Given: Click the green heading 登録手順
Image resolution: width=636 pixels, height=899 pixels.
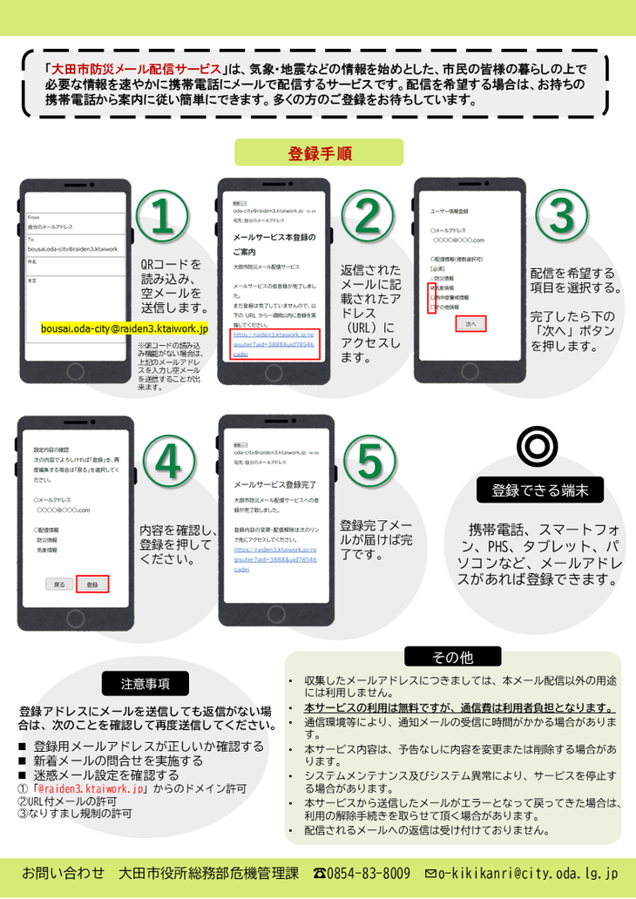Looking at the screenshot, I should [319, 153].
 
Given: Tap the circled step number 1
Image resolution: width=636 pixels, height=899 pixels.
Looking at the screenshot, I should [162, 216].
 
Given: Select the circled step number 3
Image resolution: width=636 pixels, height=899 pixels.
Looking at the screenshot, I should [561, 216].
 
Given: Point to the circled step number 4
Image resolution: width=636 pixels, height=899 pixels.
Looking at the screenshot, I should [168, 462].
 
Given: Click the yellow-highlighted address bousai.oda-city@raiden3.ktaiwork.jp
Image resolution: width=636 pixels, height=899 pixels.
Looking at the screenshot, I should [125, 329].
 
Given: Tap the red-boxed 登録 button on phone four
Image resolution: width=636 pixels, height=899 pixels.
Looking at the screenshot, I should [92, 585].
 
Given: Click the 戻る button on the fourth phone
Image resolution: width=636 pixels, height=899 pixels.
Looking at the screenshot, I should [59, 585].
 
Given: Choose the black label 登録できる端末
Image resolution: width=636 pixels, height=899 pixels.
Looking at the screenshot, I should [540, 490].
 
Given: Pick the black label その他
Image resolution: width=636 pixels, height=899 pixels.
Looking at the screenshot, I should [452, 657].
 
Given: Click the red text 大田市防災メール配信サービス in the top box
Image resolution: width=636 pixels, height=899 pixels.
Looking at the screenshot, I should [137, 69].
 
